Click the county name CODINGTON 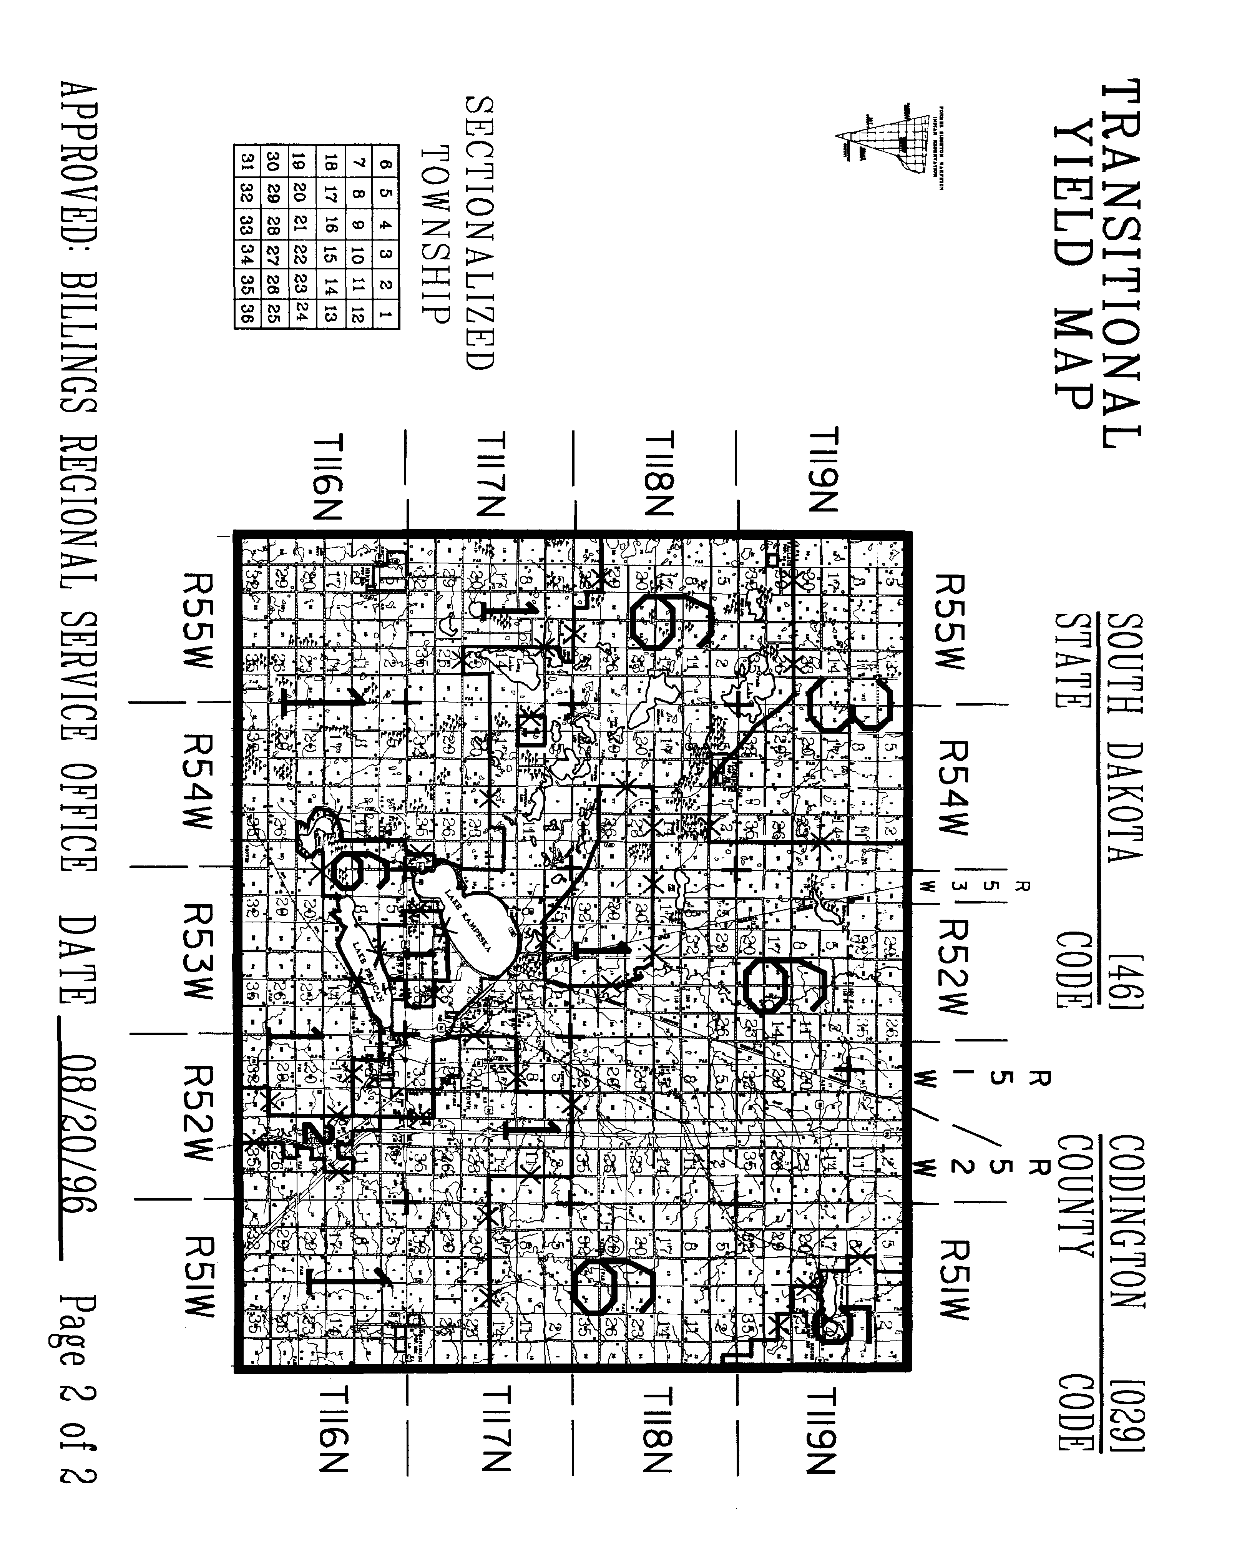coord(1126,1221)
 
